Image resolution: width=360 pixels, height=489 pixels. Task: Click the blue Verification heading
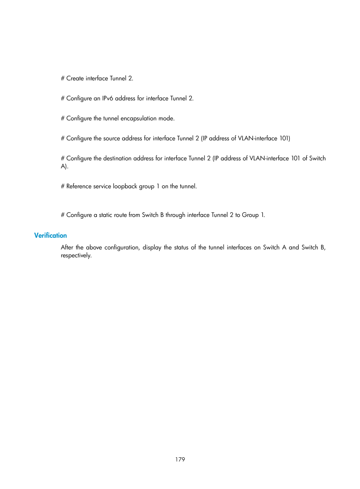pos(50,235)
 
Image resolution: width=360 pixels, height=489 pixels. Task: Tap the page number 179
pos(180,459)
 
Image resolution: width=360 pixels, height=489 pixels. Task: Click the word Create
pos(75,78)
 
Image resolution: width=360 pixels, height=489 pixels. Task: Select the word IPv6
pos(108,98)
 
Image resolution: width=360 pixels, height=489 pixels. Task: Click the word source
pos(112,138)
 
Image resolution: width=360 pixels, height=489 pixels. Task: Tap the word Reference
pos(80,186)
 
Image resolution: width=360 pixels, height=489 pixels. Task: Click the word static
pos(106,215)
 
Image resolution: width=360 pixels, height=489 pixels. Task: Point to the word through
pos(175,215)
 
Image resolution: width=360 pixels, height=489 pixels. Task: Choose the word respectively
pos(76,255)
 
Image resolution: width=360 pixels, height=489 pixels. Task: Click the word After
pos(67,248)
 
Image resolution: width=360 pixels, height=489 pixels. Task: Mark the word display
pos(152,248)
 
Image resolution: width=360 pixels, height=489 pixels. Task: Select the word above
pos(94,248)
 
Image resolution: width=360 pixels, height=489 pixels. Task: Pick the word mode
pos(166,118)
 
